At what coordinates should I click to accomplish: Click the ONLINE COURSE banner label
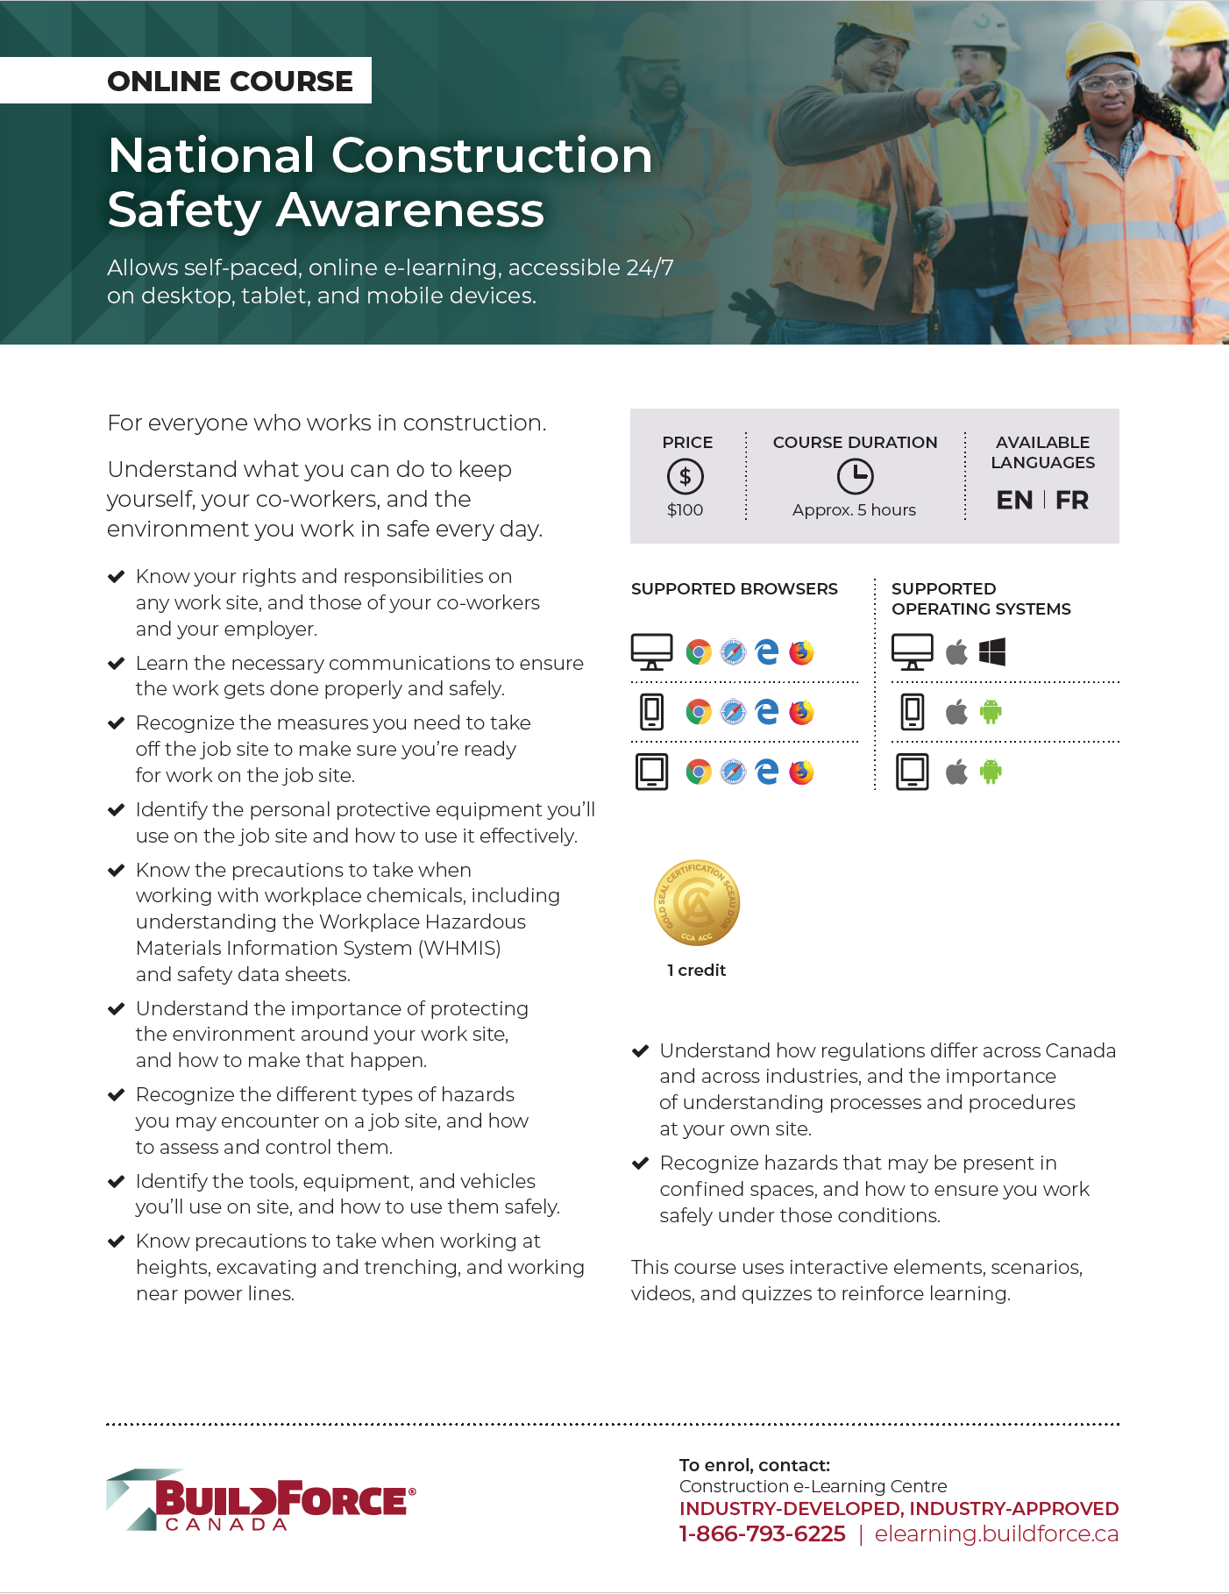point(230,81)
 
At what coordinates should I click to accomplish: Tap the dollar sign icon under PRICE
point(686,477)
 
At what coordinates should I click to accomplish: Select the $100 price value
point(686,510)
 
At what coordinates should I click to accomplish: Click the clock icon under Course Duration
point(855,477)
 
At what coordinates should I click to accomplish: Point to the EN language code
point(1014,501)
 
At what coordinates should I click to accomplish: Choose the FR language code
point(1071,501)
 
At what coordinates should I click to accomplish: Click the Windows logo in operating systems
point(992,652)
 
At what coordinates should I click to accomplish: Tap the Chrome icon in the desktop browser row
point(699,652)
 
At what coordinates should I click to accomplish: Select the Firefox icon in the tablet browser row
point(801,772)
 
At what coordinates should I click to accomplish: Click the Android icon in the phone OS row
point(991,712)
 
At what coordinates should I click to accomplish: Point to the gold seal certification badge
point(697,903)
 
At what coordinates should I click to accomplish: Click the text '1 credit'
point(696,971)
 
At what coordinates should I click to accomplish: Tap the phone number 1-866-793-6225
point(763,1534)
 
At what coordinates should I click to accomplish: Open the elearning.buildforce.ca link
point(997,1534)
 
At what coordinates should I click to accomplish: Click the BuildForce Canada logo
point(261,1500)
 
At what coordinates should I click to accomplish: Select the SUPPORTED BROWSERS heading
point(735,589)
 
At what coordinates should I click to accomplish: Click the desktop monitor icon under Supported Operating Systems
point(913,652)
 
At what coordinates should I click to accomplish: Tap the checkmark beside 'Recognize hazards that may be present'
point(641,1163)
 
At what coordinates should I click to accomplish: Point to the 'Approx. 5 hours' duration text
point(854,510)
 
